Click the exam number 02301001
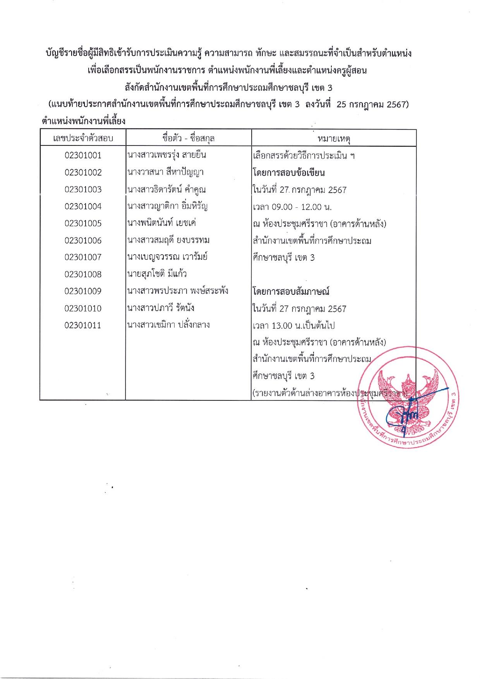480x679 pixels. (83, 156)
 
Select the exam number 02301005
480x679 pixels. (83, 224)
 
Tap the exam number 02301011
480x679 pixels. (83, 325)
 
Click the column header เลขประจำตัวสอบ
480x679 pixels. (83, 138)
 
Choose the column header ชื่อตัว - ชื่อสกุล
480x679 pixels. (189, 138)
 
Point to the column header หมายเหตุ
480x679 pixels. (334, 139)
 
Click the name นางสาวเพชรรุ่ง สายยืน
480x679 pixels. (167, 155)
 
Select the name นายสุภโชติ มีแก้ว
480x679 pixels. (157, 274)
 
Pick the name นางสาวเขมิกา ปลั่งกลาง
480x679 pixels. (169, 325)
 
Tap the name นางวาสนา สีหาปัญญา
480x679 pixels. (166, 172)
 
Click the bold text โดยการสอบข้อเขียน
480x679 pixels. (289, 173)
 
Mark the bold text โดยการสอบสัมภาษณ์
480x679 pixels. (291, 291)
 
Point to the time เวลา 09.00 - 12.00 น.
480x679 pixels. (292, 207)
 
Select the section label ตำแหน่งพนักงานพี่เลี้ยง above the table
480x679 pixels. (84, 121)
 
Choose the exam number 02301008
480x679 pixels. (83, 274)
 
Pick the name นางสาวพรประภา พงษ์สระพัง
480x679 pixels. (178, 291)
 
